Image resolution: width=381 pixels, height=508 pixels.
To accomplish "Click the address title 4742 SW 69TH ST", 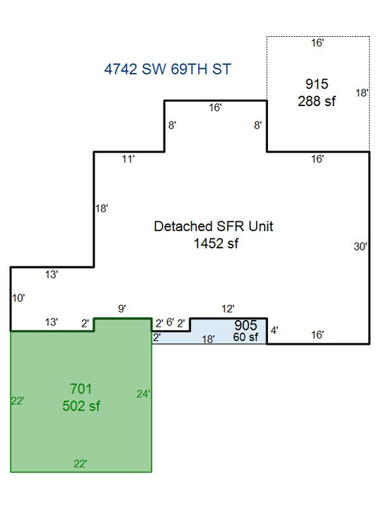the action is coord(168,69).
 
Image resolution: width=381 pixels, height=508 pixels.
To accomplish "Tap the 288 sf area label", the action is coord(316,101).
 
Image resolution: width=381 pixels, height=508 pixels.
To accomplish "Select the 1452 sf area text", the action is coord(216,243).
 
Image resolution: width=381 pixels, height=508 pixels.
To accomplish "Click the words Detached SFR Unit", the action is coord(213,226).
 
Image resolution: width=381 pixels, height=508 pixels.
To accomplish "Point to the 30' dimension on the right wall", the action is coord(360,247).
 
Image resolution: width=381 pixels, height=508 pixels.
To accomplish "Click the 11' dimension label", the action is coord(128,159).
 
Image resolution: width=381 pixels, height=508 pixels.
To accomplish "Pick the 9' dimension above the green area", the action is coord(122,309).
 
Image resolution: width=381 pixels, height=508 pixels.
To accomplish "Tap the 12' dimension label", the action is coord(228,309).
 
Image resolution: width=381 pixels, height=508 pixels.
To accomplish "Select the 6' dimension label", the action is coord(170,322).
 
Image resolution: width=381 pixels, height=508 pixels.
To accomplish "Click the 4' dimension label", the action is coord(274,330).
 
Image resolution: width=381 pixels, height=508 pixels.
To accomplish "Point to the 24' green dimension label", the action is coord(143,394).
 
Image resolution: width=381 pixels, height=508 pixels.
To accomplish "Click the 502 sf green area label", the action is coord(81,406).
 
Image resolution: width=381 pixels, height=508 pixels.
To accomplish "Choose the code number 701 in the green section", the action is coord(81,389).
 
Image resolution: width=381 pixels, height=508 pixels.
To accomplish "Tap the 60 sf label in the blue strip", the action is coord(245,337).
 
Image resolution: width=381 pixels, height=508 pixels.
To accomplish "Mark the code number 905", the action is coord(245,325).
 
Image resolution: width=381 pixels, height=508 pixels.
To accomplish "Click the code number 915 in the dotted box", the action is coord(317,84).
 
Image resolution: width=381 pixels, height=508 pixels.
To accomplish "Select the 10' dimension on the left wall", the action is coord(19,298).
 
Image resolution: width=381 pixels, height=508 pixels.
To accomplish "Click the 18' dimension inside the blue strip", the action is coord(208,339).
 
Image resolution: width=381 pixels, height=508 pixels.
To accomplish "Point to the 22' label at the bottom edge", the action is coord(81,464).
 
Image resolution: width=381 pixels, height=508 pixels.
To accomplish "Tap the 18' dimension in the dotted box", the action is coord(362,93).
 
